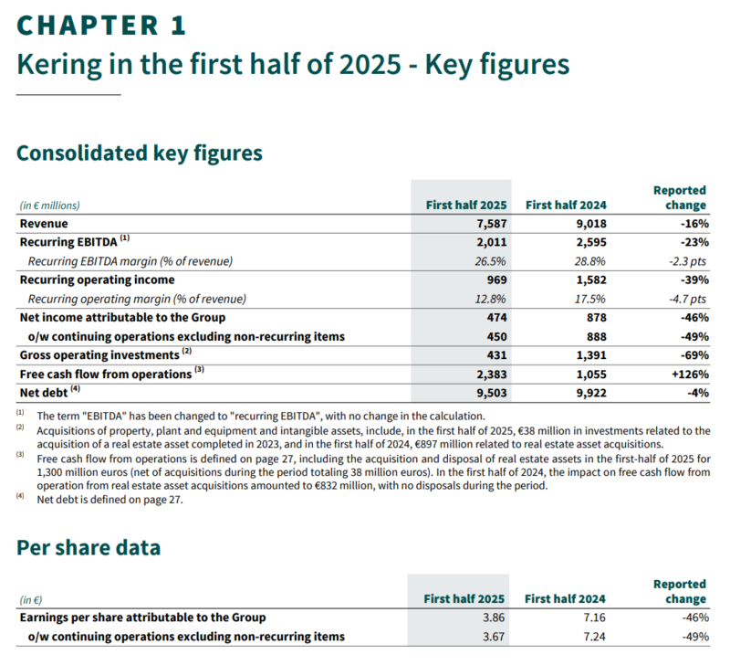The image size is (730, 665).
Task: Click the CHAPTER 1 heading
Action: tap(101, 25)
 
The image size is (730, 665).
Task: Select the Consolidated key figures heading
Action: tap(140, 153)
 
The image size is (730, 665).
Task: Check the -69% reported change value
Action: tap(691, 354)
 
